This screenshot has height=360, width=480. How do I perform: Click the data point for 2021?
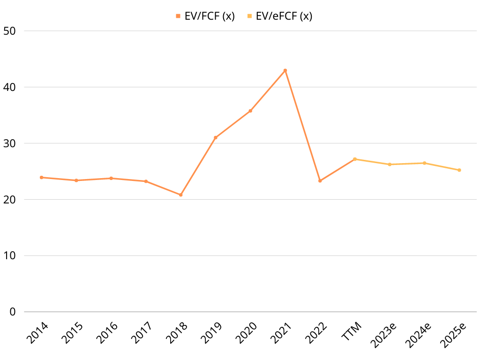(285, 70)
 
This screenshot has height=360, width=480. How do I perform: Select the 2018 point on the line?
(180, 195)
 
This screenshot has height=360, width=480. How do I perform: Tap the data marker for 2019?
(216, 137)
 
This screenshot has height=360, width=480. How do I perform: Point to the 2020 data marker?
(250, 111)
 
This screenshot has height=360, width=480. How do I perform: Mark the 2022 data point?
(320, 180)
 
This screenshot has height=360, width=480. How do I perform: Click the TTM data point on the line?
(355, 159)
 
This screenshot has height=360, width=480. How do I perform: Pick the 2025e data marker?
(459, 170)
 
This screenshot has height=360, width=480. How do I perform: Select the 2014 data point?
(41, 177)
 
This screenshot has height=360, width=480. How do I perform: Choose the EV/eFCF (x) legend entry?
(279, 16)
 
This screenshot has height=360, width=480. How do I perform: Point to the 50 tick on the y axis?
(9, 31)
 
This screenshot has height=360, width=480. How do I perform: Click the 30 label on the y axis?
(9, 143)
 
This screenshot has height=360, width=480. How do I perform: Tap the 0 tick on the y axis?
(13, 312)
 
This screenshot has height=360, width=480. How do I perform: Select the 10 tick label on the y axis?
(9, 255)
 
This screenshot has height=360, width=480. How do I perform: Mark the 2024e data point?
(425, 163)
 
